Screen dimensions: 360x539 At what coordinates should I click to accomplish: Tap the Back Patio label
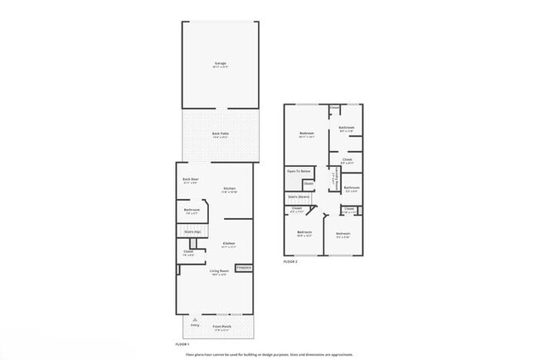click(220, 134)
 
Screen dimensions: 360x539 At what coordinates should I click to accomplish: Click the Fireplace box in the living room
click(244, 268)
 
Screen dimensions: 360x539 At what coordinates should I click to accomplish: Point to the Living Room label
click(219, 273)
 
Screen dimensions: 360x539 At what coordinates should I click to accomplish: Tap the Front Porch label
click(221, 328)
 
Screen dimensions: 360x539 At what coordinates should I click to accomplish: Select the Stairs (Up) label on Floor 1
click(192, 231)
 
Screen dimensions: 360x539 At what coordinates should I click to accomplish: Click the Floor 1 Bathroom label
click(192, 211)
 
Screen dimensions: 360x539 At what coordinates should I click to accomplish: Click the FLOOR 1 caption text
click(182, 343)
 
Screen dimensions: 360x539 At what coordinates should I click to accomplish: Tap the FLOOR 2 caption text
click(290, 261)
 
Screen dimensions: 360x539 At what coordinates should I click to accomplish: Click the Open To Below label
click(298, 172)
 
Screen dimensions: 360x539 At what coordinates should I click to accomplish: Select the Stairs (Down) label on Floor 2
click(299, 197)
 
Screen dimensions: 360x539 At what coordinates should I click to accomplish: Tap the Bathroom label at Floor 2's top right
click(347, 128)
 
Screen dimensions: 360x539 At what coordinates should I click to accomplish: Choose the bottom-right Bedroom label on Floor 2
click(343, 234)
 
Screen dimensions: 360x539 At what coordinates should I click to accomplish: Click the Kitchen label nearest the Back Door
click(230, 189)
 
